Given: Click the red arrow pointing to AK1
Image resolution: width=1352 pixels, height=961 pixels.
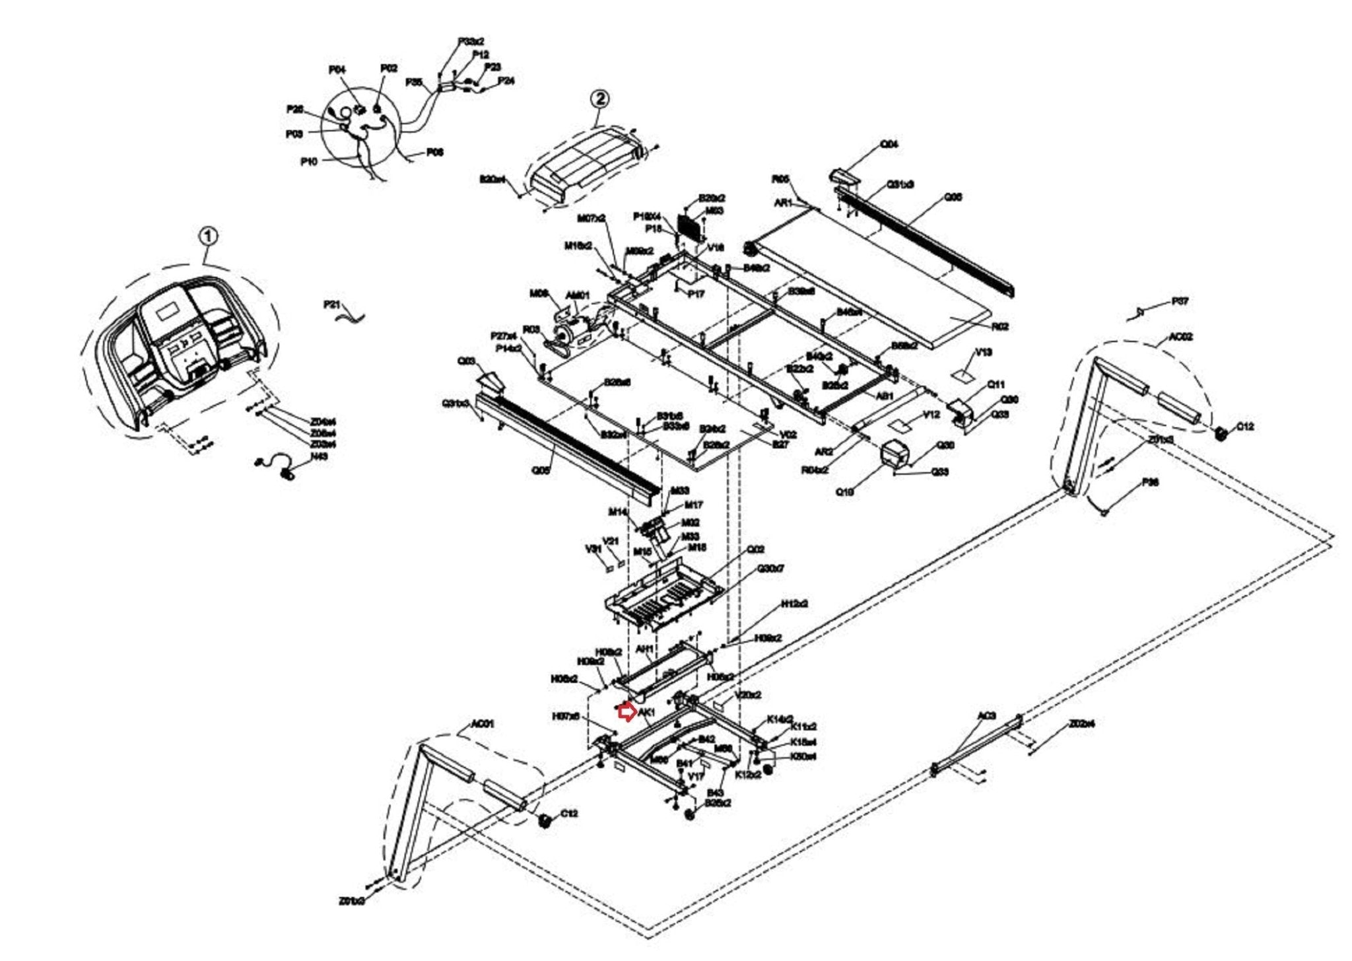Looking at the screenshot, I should [x=625, y=712].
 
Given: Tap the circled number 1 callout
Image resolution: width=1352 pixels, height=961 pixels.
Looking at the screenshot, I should [x=208, y=236].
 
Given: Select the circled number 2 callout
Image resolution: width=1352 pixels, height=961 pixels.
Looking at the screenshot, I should [x=599, y=99].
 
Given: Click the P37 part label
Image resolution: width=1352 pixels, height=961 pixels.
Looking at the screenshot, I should [x=1180, y=302].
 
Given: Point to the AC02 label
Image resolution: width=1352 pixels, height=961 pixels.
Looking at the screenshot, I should [x=1180, y=337].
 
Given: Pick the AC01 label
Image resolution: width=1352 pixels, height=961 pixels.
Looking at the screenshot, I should [x=481, y=724].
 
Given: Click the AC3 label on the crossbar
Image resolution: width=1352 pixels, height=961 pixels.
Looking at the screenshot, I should [x=986, y=715].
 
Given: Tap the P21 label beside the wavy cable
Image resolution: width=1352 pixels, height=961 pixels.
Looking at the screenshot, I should [x=332, y=304].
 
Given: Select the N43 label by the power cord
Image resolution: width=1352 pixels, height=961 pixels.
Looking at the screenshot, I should [x=319, y=456].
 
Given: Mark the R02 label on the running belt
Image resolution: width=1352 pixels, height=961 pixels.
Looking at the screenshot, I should [x=999, y=326].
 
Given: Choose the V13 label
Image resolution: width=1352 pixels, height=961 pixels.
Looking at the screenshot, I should [x=983, y=352].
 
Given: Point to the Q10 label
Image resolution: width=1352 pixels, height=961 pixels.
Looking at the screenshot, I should [x=844, y=491].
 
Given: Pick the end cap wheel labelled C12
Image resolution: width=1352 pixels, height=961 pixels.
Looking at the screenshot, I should [x=545, y=821].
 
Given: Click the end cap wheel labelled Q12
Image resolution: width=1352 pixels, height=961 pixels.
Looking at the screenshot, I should [x=1221, y=433].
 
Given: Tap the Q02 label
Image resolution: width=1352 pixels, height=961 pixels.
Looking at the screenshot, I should [x=756, y=549].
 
